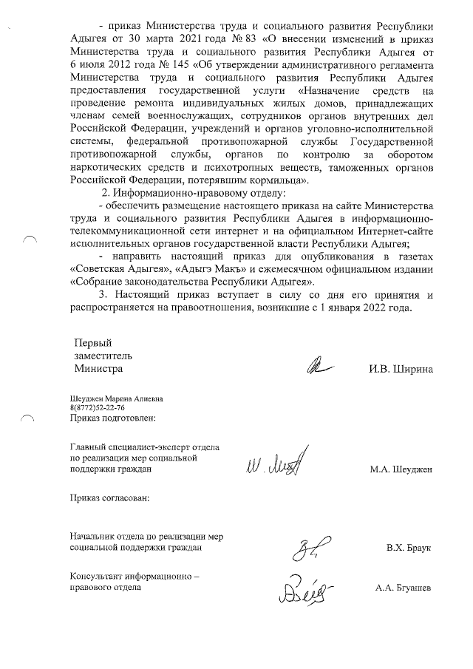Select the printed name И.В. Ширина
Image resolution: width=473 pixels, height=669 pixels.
(401, 367)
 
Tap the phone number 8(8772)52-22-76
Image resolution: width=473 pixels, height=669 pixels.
(97, 408)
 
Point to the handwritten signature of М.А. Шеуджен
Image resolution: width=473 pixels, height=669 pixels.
(270, 466)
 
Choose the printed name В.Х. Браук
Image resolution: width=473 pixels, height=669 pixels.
(408, 549)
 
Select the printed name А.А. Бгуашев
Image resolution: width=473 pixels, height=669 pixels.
(404, 588)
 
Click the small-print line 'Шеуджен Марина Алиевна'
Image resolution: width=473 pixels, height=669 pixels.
(116, 399)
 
